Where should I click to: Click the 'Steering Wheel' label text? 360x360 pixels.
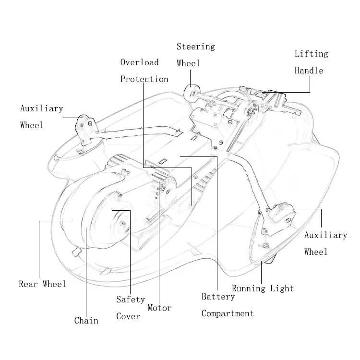195,55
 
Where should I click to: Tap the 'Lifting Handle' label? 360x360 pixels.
311,62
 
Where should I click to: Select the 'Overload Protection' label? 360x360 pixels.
144,71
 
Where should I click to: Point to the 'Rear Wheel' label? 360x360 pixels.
42,284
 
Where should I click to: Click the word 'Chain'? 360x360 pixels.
86,321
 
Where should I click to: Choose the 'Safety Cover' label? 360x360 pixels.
130,308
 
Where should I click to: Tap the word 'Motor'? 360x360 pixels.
159,308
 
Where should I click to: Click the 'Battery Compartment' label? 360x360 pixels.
227,305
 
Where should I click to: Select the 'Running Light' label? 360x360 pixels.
263,288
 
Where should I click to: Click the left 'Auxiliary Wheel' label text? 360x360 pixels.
41,117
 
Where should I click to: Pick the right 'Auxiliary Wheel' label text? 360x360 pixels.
325,243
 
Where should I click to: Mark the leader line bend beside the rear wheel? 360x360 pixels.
39,221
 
